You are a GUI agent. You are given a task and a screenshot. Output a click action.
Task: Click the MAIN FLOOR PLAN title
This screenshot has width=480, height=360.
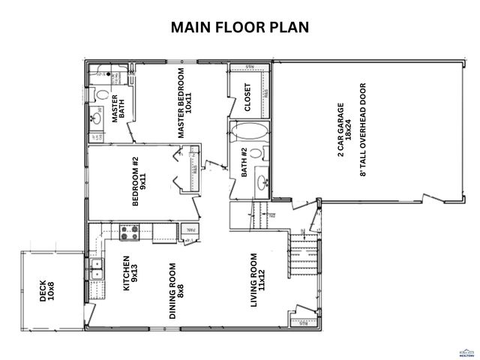[x=240, y=28]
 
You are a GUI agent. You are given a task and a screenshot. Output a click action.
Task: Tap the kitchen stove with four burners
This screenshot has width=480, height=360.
[x=127, y=232]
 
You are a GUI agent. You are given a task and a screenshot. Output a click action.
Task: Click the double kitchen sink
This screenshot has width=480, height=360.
[x=96, y=268]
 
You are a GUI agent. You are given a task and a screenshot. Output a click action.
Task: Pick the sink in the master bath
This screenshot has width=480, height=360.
[x=96, y=116]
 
